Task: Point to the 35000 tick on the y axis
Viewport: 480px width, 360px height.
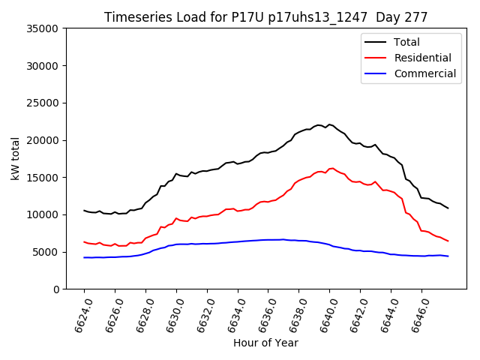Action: tap(43, 28)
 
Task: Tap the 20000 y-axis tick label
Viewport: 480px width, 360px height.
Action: tap(43, 140)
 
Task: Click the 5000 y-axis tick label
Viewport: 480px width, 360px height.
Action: tap(46, 252)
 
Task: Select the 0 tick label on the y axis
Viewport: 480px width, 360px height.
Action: tap(57, 289)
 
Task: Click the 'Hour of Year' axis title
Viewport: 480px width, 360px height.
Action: tap(265, 343)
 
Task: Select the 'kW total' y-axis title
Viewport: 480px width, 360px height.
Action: tap(15, 158)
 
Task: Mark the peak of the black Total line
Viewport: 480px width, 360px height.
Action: tap(329, 124)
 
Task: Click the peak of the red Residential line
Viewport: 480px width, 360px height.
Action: tap(331, 168)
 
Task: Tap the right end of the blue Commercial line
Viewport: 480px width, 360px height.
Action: tap(448, 256)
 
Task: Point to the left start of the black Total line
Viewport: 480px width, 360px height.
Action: tap(84, 211)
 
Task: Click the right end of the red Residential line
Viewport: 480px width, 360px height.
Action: tap(448, 241)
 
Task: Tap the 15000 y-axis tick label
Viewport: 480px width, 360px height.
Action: tap(43, 178)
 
